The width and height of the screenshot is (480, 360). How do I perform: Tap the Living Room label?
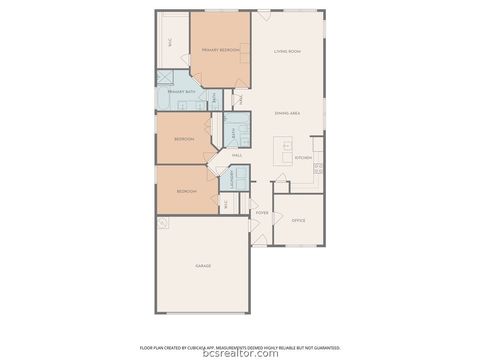coord(288,49)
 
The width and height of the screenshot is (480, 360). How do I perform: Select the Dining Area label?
coord(288,113)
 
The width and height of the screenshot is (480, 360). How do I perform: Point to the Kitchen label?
coord(303,157)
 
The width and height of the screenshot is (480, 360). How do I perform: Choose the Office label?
coord(298,220)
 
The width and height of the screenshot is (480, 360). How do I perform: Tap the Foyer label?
coord(262,213)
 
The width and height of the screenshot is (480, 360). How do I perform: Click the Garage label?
coord(202,266)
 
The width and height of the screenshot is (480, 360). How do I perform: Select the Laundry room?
coord(240,181)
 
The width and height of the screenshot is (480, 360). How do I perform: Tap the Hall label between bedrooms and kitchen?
coord(237,156)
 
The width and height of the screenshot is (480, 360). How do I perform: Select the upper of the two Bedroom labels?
coord(184,138)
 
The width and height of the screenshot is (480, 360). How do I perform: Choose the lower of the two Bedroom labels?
coord(187,191)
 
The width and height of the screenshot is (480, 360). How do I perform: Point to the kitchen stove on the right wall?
coord(319,169)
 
